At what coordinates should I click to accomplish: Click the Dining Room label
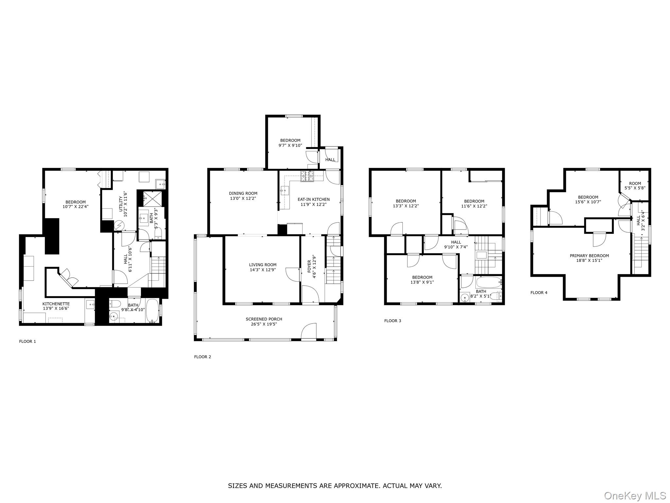[x=243, y=194]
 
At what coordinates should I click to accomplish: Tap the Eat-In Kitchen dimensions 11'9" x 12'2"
[x=313, y=204]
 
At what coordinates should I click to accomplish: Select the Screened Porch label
[x=264, y=319]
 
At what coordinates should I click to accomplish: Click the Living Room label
[x=263, y=265]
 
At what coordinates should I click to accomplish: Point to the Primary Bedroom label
[x=589, y=256]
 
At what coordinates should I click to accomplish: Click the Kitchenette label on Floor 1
[x=56, y=304]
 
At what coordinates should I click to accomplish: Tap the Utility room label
[x=121, y=204]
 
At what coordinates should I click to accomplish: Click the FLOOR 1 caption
[x=27, y=341]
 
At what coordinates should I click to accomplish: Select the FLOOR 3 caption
[x=393, y=321]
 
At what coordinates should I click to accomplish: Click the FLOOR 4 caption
[x=539, y=292]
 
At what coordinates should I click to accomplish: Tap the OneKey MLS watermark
[x=635, y=495]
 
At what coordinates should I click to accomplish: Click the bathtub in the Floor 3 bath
[x=488, y=282]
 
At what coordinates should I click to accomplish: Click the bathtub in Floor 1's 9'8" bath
[x=152, y=310]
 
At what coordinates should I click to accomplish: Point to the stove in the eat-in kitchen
[x=307, y=177]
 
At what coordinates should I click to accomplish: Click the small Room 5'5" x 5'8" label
[x=635, y=184]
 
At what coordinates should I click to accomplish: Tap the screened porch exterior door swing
[x=309, y=331]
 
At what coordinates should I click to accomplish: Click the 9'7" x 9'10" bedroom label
[x=290, y=140]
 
